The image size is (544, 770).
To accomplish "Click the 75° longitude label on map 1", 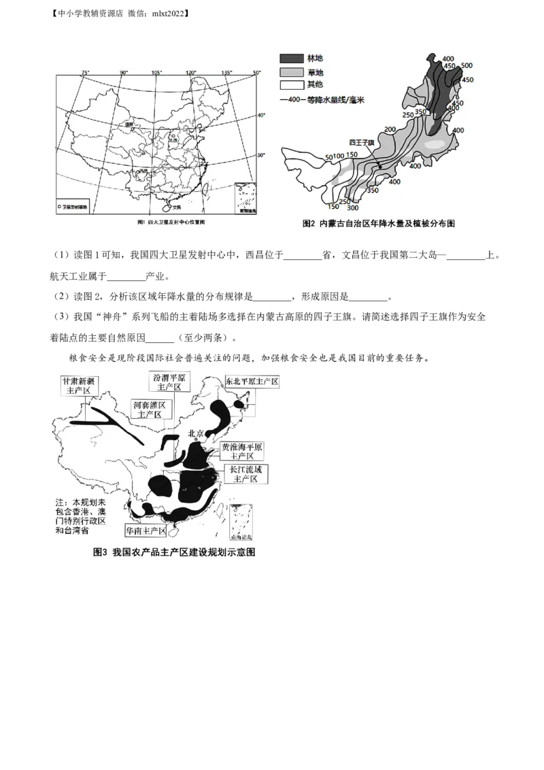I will (85, 72).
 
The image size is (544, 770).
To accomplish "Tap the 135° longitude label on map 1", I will (226, 72).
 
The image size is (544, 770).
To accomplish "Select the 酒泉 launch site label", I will (126, 125).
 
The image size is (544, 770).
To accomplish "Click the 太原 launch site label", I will (173, 141).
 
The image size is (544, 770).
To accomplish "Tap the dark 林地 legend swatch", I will (290, 60).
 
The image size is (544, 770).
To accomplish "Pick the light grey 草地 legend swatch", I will (290, 72).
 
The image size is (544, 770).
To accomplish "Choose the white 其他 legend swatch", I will (290, 85).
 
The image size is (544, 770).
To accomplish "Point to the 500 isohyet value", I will (466, 65).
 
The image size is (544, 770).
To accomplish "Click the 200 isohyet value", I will (390, 129).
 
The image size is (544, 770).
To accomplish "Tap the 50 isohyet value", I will (328, 157).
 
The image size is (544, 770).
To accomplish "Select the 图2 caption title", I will (378, 223).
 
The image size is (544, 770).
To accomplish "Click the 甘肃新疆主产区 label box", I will (81, 386).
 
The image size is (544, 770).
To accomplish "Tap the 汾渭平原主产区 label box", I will (170, 382).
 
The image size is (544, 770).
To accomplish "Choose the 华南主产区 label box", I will (144, 530).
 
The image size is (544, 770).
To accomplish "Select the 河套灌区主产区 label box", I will (150, 409).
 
